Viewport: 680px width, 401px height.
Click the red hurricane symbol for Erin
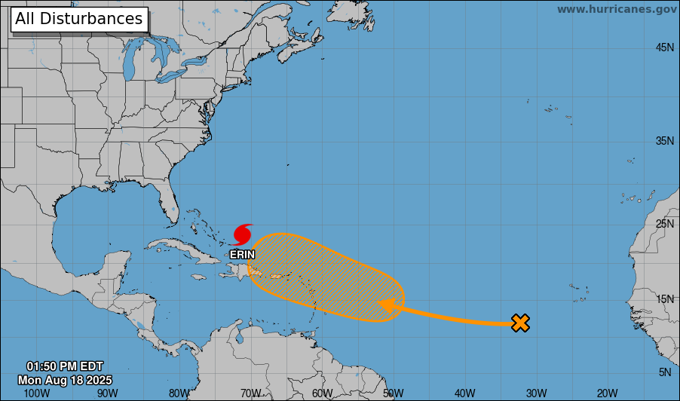[243, 234]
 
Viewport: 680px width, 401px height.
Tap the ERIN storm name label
[243, 255]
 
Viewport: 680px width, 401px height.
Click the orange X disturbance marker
[520, 323]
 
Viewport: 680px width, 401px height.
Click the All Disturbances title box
[78, 19]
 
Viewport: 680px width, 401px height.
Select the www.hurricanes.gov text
[617, 9]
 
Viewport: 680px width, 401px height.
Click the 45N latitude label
[664, 47]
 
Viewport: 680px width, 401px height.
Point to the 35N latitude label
[664, 141]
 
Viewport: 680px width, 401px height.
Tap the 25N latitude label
[664, 224]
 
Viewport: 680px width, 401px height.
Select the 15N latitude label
[664, 299]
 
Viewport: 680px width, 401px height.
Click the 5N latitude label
[664, 372]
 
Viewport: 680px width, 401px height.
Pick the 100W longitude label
[36, 393]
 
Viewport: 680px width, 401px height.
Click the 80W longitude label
[179, 393]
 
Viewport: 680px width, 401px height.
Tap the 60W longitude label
[322, 393]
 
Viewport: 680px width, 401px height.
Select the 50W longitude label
[393, 393]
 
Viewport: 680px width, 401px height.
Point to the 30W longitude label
[536, 393]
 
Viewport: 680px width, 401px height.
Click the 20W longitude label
[607, 393]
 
